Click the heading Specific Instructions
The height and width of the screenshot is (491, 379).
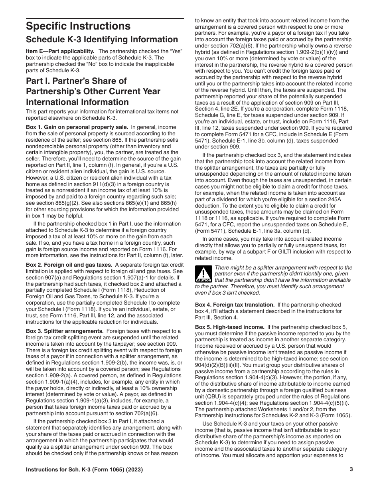78,26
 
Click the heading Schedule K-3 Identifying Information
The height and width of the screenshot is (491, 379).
102,40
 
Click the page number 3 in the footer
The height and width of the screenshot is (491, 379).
351,469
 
